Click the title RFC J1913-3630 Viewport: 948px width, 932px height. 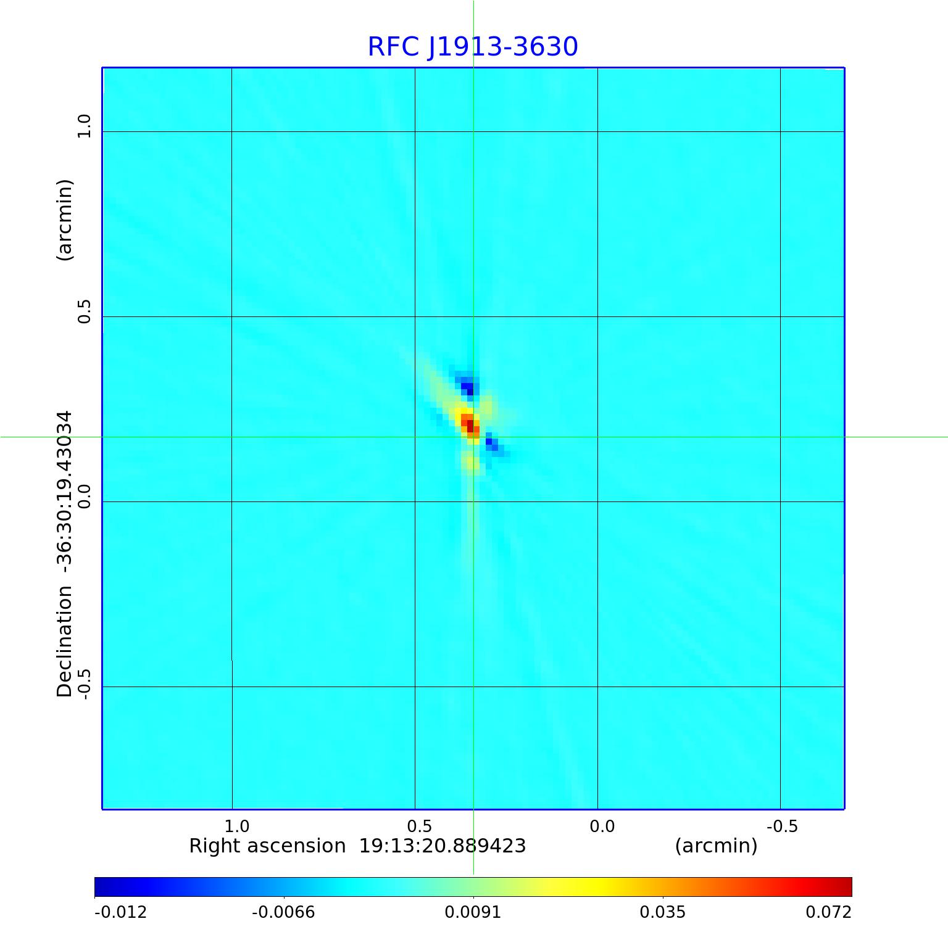(473, 47)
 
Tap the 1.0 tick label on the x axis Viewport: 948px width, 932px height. (236, 826)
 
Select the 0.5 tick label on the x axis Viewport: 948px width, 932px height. (419, 826)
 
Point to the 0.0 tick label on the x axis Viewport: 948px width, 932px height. (602, 826)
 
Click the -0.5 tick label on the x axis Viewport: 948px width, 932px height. (782, 826)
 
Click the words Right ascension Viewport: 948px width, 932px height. (267, 846)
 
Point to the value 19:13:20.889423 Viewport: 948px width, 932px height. (443, 846)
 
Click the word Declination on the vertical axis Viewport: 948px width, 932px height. (65, 641)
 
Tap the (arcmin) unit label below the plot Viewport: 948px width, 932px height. (716, 846)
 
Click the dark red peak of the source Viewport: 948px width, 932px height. (470, 425)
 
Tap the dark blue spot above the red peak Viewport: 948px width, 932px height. (468, 388)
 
